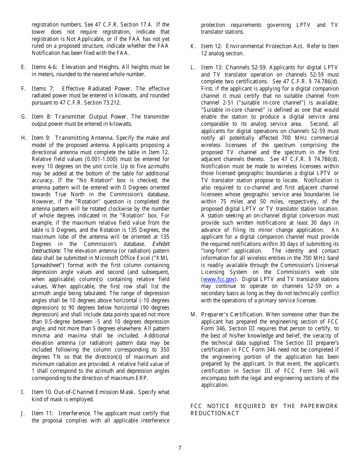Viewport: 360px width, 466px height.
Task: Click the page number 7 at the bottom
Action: tap(180, 448)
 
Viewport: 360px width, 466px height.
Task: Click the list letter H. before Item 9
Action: tap(23, 138)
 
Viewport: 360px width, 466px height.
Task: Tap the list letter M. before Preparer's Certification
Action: tap(194, 314)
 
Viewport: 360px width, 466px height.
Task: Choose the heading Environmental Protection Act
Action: tap(265, 46)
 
